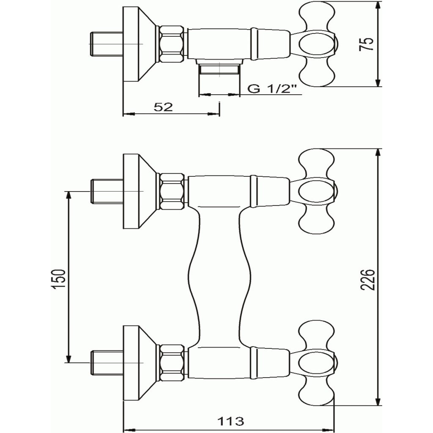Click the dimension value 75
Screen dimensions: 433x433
369,44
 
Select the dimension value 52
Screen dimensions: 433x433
163,107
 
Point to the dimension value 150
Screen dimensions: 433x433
59,280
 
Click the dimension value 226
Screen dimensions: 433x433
369,280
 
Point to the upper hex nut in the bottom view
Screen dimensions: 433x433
173,192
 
